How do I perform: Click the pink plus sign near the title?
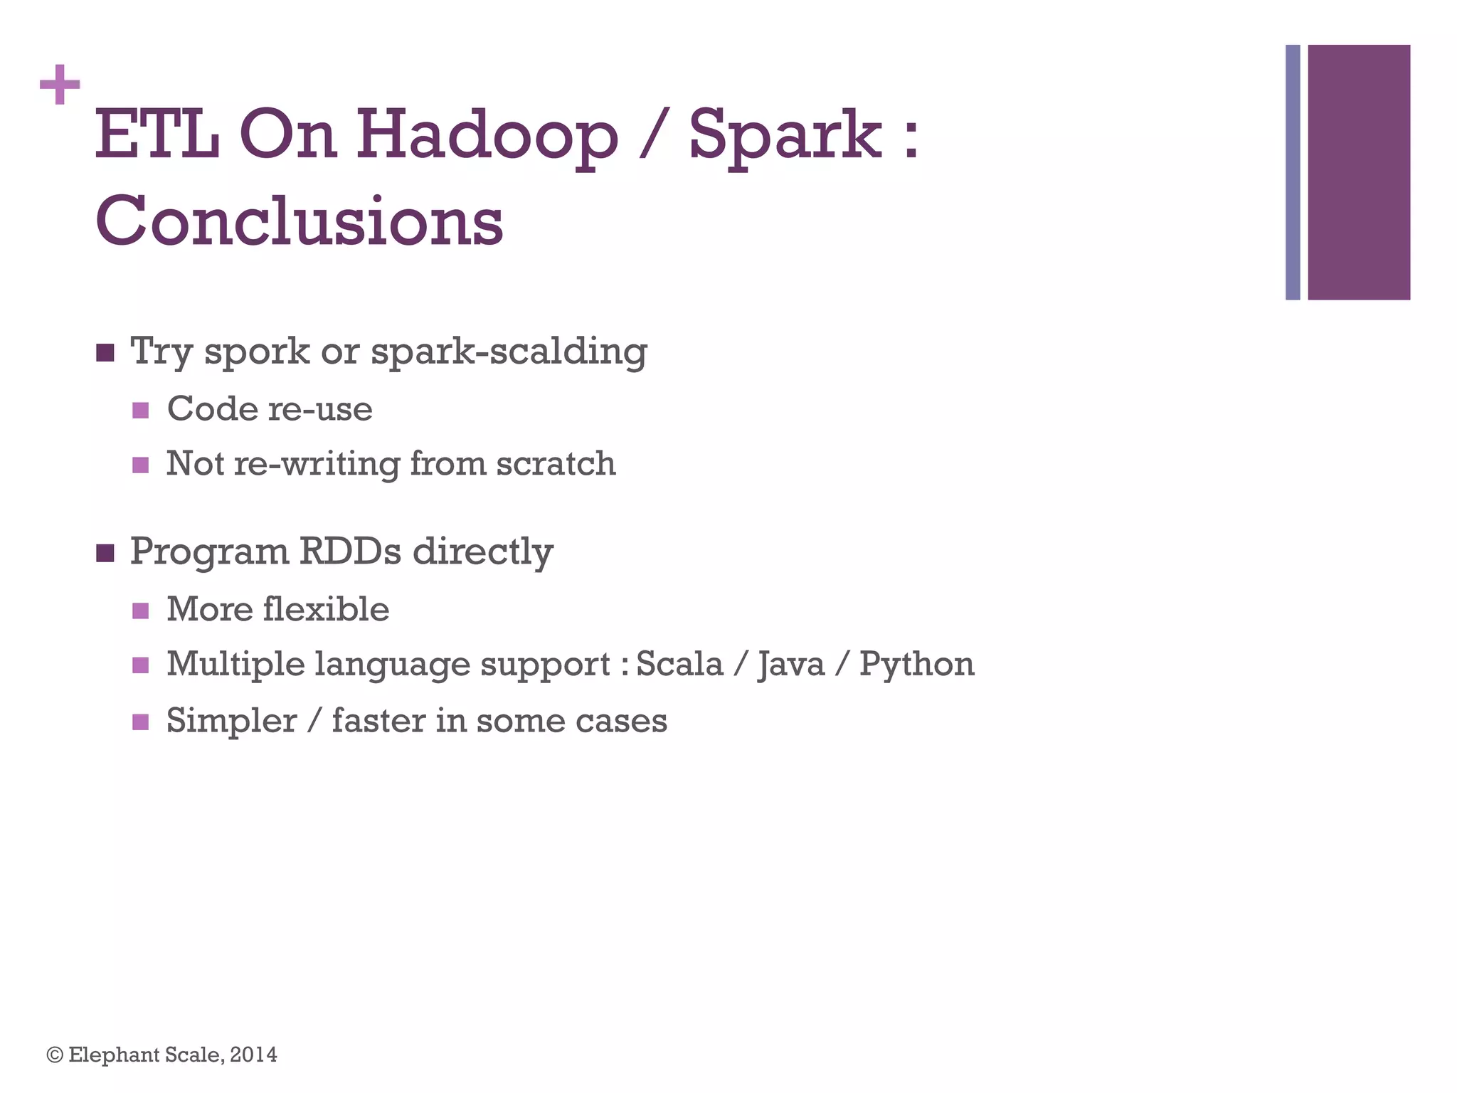pyautogui.click(x=60, y=85)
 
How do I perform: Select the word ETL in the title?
pyautogui.click(x=157, y=135)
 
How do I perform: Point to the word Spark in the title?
pyautogui.click(x=785, y=135)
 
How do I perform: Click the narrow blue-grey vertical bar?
pyautogui.click(x=1293, y=172)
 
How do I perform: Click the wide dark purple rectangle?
pyautogui.click(x=1358, y=172)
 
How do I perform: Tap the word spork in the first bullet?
pyautogui.click(x=257, y=352)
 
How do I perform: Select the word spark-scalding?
pyautogui.click(x=509, y=352)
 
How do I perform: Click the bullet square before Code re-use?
pyautogui.click(x=141, y=411)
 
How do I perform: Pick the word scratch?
pyautogui.click(x=556, y=464)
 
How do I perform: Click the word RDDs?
pyautogui.click(x=349, y=551)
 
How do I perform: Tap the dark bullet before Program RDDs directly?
pyautogui.click(x=105, y=553)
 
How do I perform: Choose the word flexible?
pyautogui.click(x=326, y=610)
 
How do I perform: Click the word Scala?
pyautogui.click(x=679, y=665)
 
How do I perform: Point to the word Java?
pyautogui.click(x=791, y=665)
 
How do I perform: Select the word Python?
pyautogui.click(x=916, y=665)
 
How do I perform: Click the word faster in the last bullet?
pyautogui.click(x=378, y=721)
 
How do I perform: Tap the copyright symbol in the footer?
pyautogui.click(x=55, y=1055)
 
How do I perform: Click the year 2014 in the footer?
pyautogui.click(x=253, y=1055)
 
